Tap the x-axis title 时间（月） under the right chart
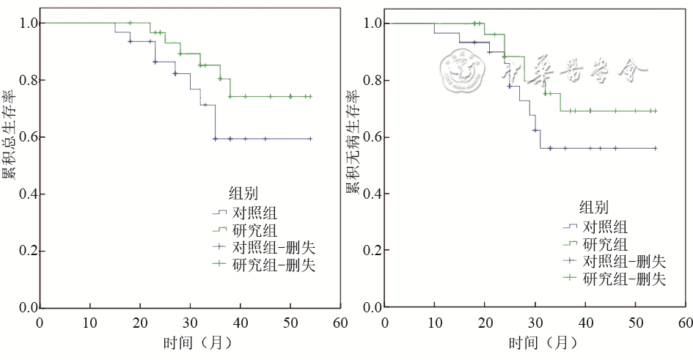[543, 342]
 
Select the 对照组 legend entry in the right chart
[604, 227]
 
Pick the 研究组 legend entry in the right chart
[604, 244]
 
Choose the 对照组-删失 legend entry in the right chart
[623, 261]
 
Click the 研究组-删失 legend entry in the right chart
[623, 279]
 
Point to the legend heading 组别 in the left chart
[243, 194]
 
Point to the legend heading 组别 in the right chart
[594, 207]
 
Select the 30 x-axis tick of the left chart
[190, 323]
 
